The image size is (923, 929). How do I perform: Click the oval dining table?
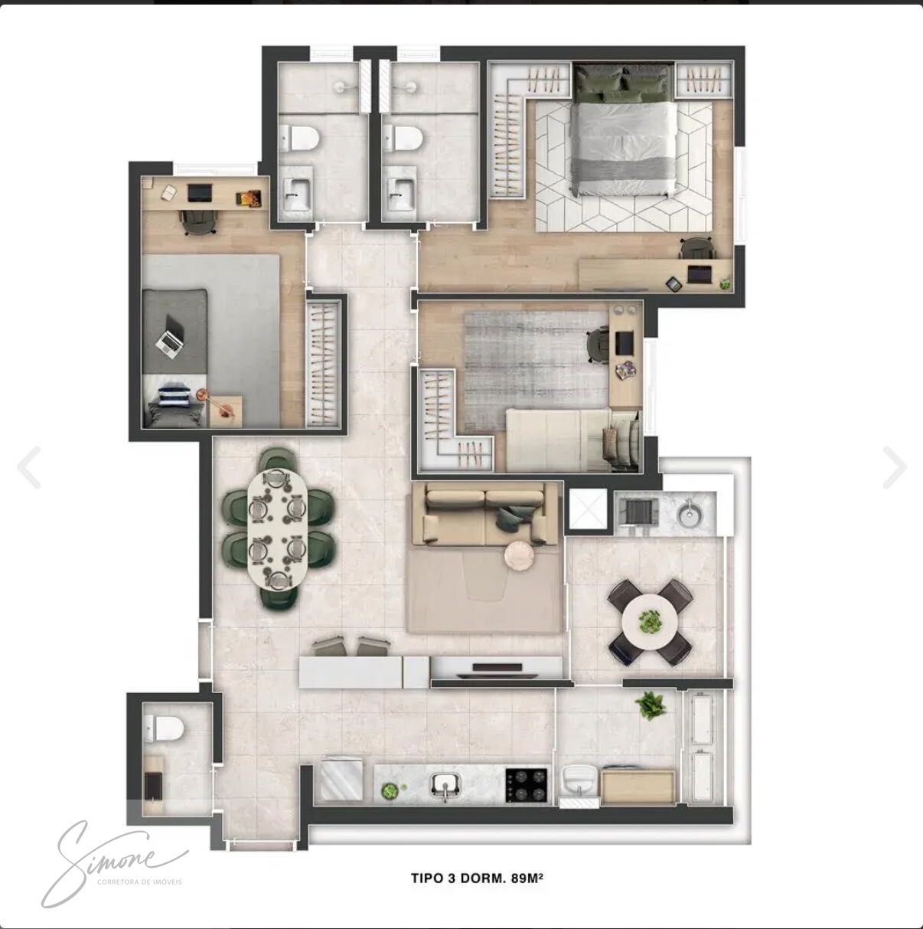[x=278, y=529]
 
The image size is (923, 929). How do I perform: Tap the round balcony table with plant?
[x=651, y=623]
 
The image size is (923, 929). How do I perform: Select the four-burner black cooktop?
[x=527, y=785]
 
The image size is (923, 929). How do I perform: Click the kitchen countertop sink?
[x=445, y=786]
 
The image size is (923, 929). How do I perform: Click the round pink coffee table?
[x=519, y=556]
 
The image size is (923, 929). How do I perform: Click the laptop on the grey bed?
[x=170, y=335]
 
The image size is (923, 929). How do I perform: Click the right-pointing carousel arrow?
[x=894, y=467]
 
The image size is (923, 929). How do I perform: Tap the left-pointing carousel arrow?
[x=29, y=467]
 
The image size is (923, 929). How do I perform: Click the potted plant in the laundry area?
[x=651, y=706]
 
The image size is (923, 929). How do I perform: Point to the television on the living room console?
[x=497, y=668]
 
